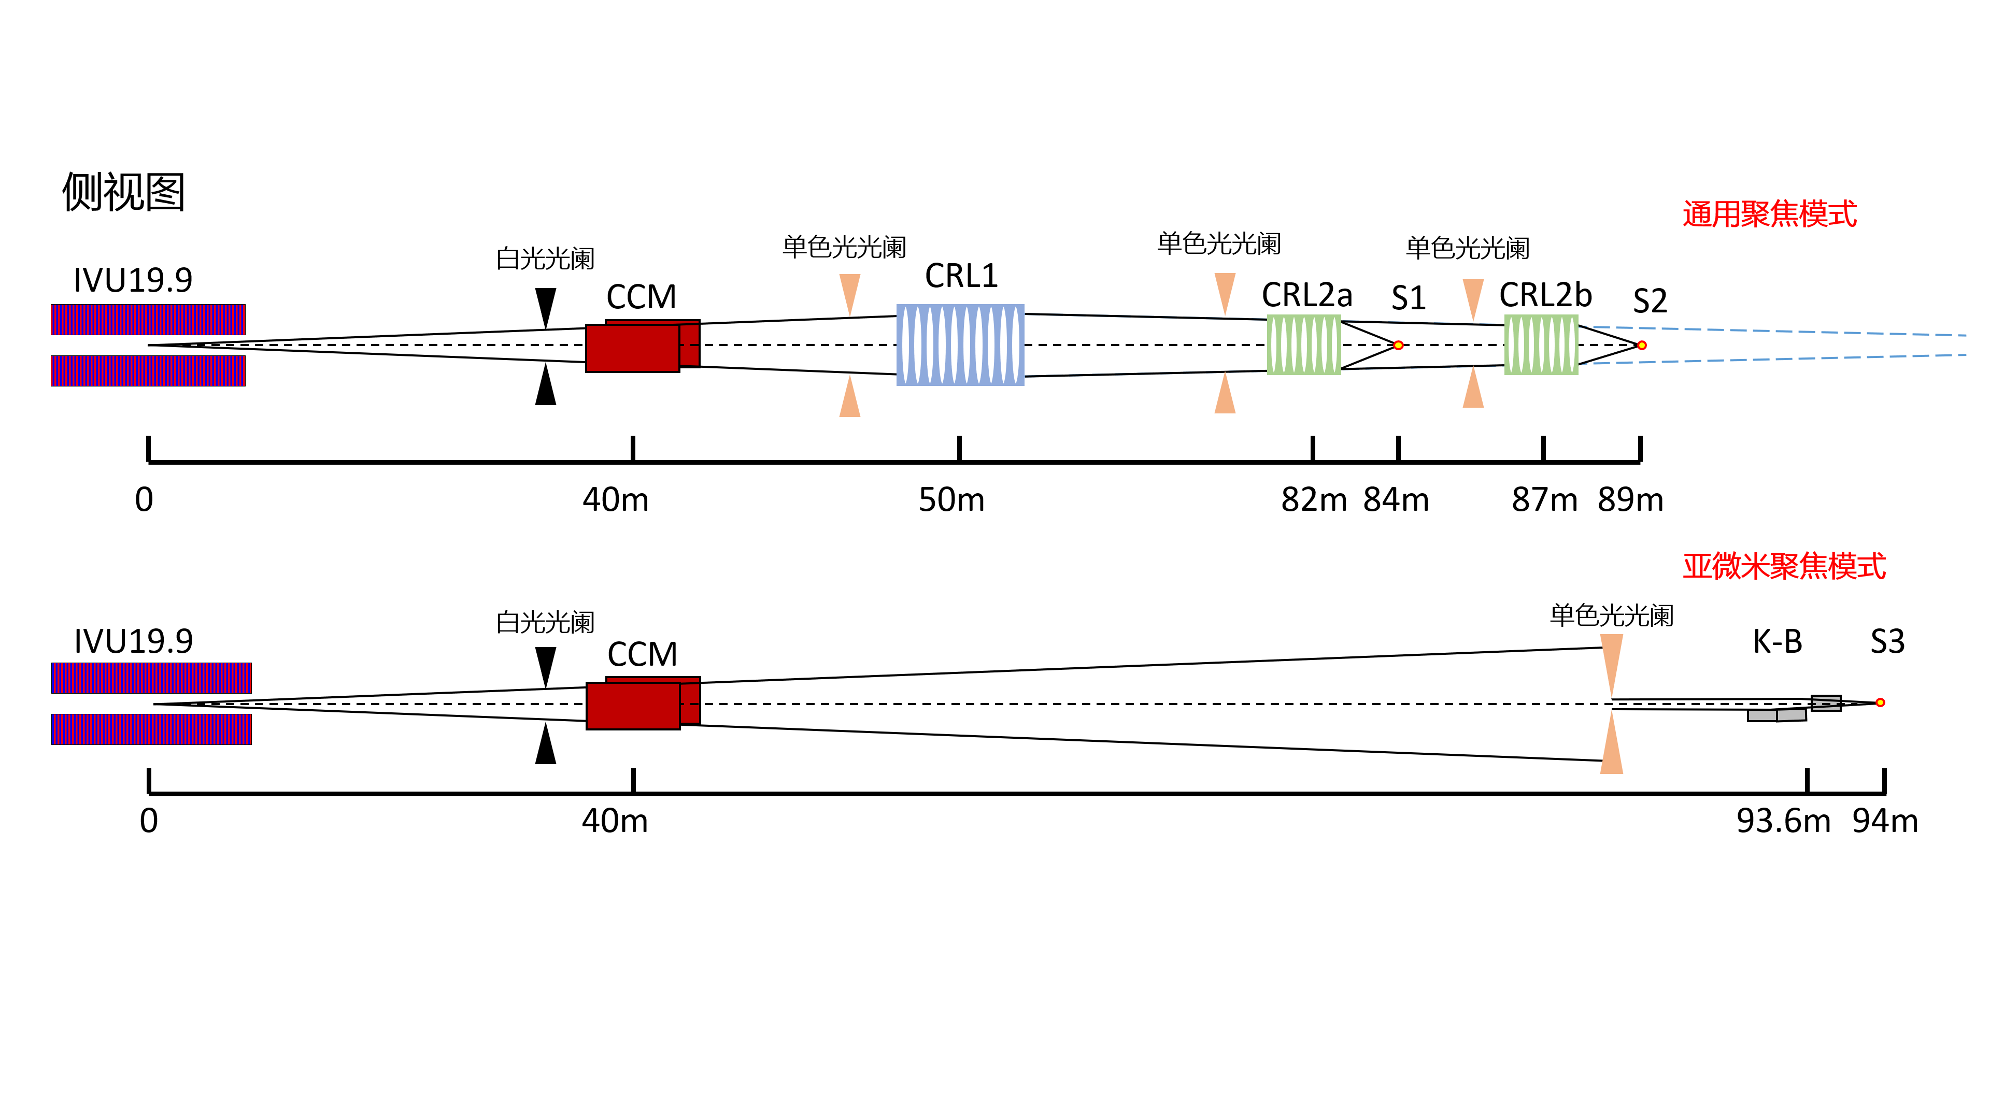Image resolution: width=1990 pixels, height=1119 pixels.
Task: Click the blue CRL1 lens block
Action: click(960, 345)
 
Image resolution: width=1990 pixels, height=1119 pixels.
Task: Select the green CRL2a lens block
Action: click(1303, 345)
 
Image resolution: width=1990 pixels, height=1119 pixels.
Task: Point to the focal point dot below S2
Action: click(1642, 345)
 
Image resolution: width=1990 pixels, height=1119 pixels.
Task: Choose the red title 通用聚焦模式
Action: click(1769, 214)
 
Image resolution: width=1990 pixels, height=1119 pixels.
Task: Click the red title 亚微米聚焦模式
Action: click(1784, 566)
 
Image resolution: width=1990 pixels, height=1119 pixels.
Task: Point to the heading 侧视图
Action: click(124, 192)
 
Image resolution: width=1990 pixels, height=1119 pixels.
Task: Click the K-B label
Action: click(1777, 642)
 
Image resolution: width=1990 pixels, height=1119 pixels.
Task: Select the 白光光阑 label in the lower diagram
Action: click(545, 622)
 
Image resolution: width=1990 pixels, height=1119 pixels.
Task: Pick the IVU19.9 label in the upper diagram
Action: click(133, 280)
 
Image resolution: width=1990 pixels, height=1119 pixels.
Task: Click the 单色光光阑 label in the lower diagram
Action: click(1612, 615)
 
